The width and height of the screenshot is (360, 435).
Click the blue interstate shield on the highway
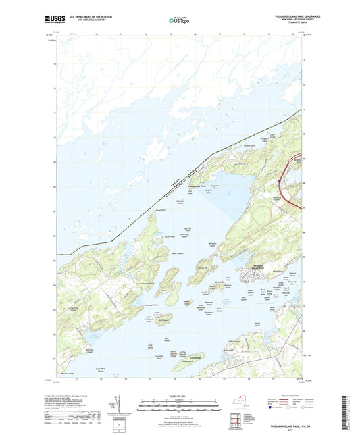click(279, 182)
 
